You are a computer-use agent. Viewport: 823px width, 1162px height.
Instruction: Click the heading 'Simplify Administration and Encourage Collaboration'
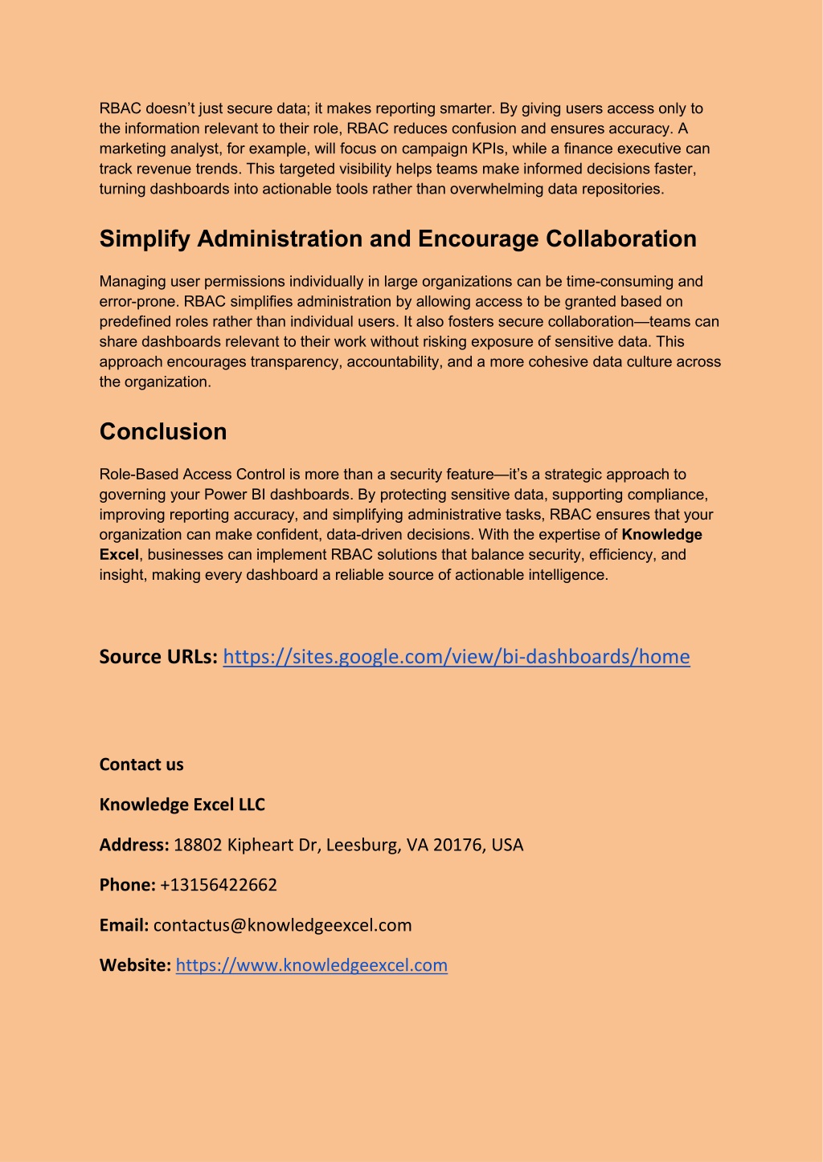click(398, 239)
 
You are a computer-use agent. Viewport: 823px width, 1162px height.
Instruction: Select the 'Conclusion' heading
click(163, 432)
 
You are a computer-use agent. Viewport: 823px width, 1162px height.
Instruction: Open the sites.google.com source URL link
click(456, 657)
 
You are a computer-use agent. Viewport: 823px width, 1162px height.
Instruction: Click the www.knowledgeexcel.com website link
click(311, 965)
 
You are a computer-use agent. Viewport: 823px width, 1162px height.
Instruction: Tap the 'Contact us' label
click(141, 764)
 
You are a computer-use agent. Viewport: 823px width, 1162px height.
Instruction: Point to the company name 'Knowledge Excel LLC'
click(182, 805)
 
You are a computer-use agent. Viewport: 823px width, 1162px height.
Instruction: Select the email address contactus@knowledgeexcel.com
click(282, 925)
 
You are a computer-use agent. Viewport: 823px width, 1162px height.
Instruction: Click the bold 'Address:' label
click(134, 845)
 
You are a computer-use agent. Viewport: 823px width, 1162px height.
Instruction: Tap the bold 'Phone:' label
click(127, 885)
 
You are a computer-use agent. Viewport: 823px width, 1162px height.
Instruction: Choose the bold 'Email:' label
click(124, 925)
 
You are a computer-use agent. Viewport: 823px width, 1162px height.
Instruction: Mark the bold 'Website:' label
click(135, 965)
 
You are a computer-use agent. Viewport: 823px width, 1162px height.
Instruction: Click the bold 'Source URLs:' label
click(159, 657)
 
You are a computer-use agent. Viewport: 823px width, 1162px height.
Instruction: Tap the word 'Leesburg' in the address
click(359, 845)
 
